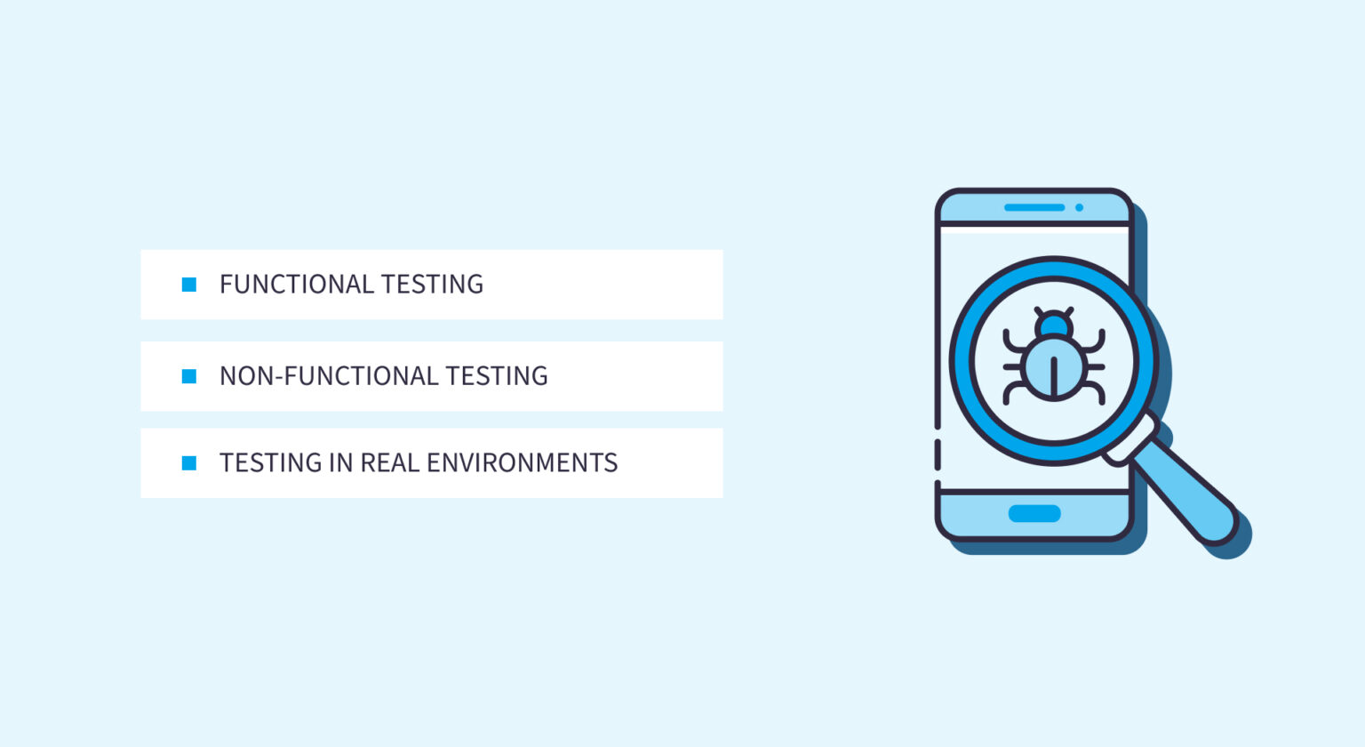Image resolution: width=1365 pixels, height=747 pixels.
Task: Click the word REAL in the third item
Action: (389, 463)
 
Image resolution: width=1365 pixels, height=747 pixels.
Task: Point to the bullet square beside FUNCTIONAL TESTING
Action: (189, 285)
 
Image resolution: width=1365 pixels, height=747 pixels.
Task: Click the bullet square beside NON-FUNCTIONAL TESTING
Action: (189, 376)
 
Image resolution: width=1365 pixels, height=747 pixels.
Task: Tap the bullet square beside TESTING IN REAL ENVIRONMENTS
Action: (189, 463)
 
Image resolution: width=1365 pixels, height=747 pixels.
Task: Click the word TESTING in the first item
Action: (432, 285)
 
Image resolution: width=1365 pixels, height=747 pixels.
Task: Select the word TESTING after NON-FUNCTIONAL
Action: (497, 376)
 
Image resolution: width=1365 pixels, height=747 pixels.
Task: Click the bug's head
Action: (1054, 325)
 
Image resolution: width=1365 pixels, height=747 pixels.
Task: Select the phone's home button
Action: (1034, 514)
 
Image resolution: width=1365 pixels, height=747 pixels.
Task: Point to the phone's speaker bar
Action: (1034, 207)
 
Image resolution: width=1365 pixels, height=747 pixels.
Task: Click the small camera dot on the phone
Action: (1079, 207)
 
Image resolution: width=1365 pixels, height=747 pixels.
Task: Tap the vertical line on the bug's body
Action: (1054, 376)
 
